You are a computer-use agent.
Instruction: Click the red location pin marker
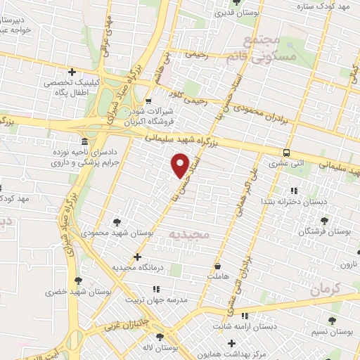[x=181, y=165]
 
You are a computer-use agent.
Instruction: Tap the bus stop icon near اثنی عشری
[x=287, y=153]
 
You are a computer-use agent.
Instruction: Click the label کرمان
[x=324, y=288]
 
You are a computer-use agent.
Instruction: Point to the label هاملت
[x=219, y=279]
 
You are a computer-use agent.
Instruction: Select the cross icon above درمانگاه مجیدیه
[x=137, y=257]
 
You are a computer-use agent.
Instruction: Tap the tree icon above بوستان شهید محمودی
[x=117, y=221]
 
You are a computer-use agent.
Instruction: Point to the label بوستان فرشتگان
[x=327, y=231]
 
